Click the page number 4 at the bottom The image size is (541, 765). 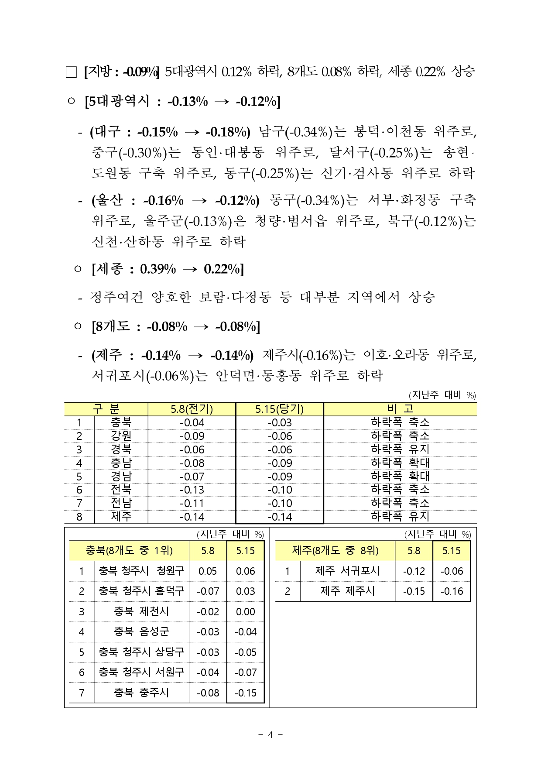point(270,735)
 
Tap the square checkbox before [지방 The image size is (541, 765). point(71,72)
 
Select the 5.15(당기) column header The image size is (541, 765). point(279,409)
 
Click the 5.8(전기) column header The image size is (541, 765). point(192,409)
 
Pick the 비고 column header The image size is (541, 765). point(400,409)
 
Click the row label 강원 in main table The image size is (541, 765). point(121,436)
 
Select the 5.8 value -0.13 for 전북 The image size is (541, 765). point(192,490)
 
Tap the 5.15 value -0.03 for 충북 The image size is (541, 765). point(279,422)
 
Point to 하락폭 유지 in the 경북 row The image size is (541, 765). point(400,449)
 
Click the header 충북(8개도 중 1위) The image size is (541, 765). point(129,551)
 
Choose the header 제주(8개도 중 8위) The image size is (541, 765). point(335,551)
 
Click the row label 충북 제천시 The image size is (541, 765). point(141,611)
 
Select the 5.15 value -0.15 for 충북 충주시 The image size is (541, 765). point(246,693)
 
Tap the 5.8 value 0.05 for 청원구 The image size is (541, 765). point(208,571)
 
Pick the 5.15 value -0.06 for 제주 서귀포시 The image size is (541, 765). point(452,571)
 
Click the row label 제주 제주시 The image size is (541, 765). point(347,591)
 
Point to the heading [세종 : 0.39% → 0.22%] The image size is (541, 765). point(168,269)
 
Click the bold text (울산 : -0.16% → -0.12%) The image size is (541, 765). point(175,201)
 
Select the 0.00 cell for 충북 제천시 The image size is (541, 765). point(246,611)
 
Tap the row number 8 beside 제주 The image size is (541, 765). point(79,517)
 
